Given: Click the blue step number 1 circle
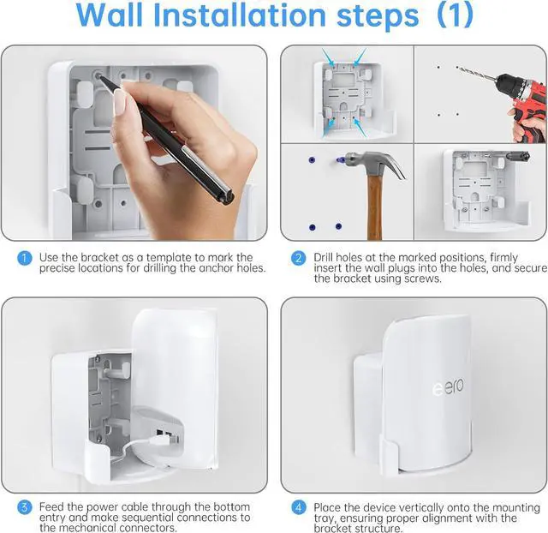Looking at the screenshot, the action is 25,258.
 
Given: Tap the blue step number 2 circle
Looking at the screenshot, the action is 299,258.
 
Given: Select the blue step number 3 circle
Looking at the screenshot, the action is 25,507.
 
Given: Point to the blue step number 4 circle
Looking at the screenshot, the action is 299,507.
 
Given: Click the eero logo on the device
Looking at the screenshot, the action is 448,386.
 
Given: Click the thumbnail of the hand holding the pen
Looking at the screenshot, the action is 120,102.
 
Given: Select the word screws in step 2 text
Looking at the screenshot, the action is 423,279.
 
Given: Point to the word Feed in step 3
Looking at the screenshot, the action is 51,506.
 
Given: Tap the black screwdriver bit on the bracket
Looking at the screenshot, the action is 518,155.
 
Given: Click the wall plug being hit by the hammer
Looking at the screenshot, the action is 339,160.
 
